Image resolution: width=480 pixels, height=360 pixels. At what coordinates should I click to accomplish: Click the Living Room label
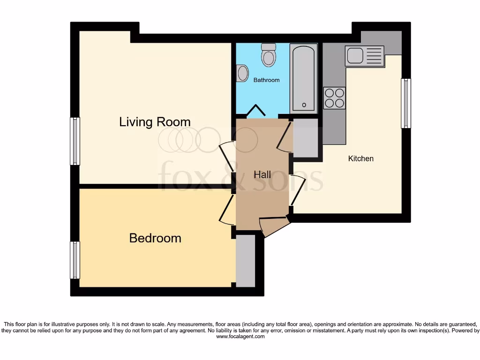pos(155,122)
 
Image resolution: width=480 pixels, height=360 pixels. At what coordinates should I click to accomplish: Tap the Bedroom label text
pos(155,238)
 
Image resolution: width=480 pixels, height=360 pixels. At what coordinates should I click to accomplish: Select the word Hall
pos(262,175)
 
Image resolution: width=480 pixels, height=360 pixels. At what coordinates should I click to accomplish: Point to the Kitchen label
pos(360,158)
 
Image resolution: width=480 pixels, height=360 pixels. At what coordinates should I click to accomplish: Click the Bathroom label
pos(266,80)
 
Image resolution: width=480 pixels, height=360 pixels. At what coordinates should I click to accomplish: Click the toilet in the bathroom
pos(269,55)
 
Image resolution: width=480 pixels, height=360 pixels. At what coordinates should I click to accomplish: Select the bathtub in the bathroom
pos(303,78)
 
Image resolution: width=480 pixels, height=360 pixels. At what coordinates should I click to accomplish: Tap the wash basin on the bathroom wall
pos(242,74)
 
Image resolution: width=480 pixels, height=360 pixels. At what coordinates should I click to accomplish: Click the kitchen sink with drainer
pos(364,56)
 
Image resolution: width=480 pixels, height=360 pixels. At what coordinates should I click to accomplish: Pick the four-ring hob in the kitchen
pos(334,98)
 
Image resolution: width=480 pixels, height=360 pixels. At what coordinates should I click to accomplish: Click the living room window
pos(75,141)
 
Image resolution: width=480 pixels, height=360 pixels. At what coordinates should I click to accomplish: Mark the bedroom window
pos(75,260)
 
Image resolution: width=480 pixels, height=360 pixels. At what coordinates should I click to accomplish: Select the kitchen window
pos(405,103)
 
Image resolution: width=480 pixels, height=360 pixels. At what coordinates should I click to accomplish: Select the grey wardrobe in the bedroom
pos(245,261)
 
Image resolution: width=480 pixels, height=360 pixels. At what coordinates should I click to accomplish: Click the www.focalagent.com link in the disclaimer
pos(240,337)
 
